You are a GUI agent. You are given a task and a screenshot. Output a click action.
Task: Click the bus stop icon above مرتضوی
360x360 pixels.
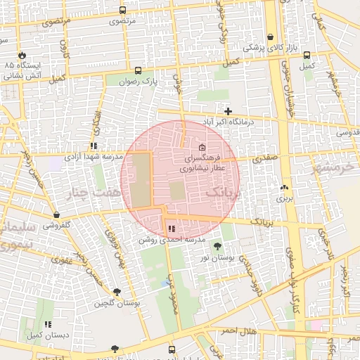(x=123, y=11)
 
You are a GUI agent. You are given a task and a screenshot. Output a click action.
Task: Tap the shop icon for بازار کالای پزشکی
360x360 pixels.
(x=271, y=37)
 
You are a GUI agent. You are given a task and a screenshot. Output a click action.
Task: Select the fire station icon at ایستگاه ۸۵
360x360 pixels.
(x=22, y=54)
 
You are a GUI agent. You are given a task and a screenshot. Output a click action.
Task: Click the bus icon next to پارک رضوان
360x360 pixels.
(x=138, y=71)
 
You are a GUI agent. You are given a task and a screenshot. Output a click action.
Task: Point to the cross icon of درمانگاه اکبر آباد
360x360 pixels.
(x=228, y=111)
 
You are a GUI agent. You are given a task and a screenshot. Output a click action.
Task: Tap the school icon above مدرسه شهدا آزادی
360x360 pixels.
(x=94, y=146)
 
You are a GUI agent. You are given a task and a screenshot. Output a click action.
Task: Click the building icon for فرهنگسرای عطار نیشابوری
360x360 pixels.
(x=202, y=148)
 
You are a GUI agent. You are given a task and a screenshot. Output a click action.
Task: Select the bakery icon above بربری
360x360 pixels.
(x=284, y=188)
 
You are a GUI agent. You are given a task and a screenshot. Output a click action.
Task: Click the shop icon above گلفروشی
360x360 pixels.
(x=56, y=215)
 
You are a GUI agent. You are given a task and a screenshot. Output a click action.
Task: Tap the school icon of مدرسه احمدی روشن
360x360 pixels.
(x=172, y=229)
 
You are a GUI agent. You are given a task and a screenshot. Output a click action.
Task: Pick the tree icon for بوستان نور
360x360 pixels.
(x=217, y=246)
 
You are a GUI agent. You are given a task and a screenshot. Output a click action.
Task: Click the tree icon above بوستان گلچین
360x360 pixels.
(x=116, y=292)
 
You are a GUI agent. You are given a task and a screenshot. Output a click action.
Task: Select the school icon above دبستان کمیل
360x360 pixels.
(x=48, y=324)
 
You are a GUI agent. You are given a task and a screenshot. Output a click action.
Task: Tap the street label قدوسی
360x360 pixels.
(x=347, y=132)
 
